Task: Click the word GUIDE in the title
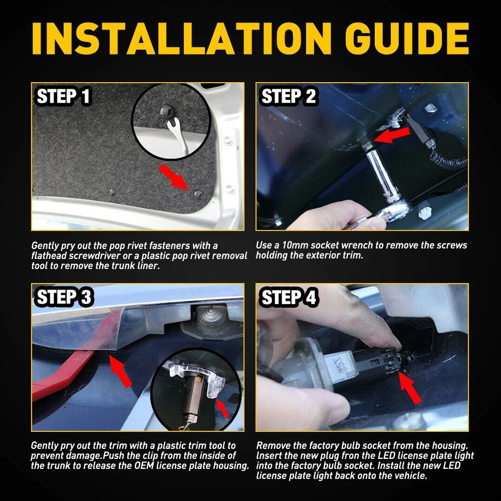[x=407, y=39]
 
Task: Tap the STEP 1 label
[x=63, y=96]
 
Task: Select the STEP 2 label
[x=289, y=96]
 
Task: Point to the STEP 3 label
[x=64, y=297]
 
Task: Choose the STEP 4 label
[x=289, y=297]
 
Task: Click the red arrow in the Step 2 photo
[x=392, y=134]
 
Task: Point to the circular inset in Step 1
[x=172, y=121]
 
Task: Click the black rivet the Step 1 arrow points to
[x=198, y=193]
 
